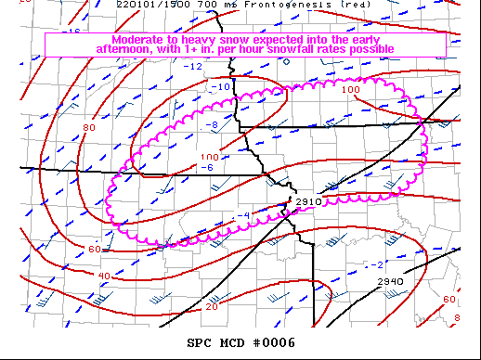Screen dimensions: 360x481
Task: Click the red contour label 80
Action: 89,127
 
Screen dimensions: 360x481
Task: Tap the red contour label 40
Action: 104,276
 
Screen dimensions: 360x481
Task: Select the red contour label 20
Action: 212,306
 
